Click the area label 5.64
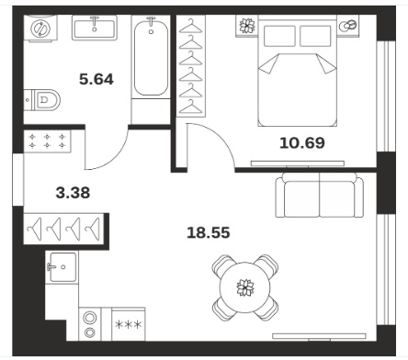click(96, 79)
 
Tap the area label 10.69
click(302, 142)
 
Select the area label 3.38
click(73, 193)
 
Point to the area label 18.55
click(209, 232)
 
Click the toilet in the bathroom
click(42, 100)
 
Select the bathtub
click(151, 57)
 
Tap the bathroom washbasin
click(95, 28)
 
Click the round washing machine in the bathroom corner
click(40, 28)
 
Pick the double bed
click(298, 71)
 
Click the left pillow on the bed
click(279, 36)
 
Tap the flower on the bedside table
click(247, 26)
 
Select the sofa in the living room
click(320, 195)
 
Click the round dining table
click(245, 287)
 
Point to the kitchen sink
click(62, 267)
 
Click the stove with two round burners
click(90, 324)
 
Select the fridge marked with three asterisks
click(129, 324)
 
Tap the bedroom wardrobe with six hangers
click(191, 66)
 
